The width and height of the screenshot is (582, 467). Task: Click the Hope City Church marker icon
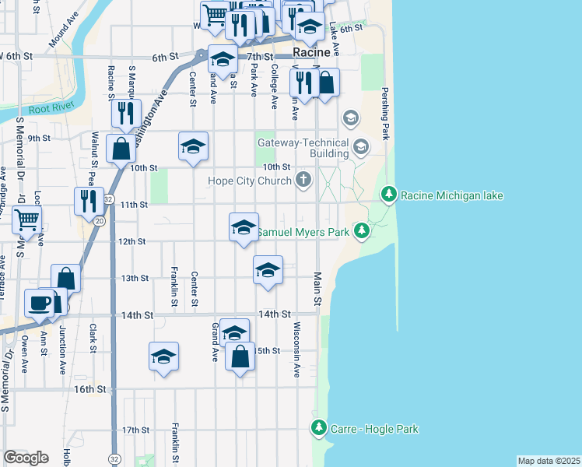click(303, 181)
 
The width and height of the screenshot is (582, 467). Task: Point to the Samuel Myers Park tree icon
click(361, 231)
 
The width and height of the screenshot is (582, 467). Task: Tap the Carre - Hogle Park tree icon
click(318, 428)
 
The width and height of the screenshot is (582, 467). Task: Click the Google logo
click(25, 457)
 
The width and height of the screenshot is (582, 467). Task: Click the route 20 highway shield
click(99, 222)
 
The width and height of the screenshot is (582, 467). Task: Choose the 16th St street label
click(89, 388)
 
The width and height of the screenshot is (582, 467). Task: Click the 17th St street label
click(135, 430)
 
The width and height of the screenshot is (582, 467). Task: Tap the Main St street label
click(317, 287)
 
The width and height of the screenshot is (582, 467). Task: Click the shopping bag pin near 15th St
click(240, 357)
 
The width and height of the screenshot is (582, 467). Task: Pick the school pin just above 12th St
click(244, 227)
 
